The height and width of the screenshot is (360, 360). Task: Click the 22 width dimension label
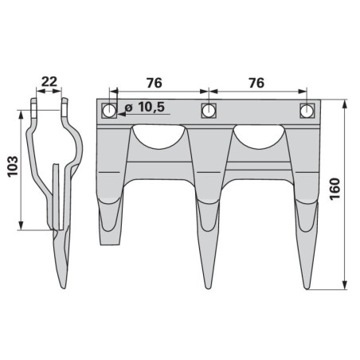[x=49, y=81]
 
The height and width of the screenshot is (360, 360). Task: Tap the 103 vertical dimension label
[x=13, y=166]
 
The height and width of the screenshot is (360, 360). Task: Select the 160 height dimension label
[x=335, y=189]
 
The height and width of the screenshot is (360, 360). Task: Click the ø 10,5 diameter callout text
[x=145, y=108]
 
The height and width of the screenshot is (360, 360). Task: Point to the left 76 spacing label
[x=155, y=83]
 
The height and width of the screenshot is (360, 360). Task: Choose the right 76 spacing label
[x=256, y=83]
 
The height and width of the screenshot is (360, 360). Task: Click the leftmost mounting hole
[x=109, y=111]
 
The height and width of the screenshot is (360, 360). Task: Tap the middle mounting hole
[x=209, y=111]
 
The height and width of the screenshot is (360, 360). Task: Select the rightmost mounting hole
[x=307, y=111]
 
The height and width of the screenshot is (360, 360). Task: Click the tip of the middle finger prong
[x=209, y=288]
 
